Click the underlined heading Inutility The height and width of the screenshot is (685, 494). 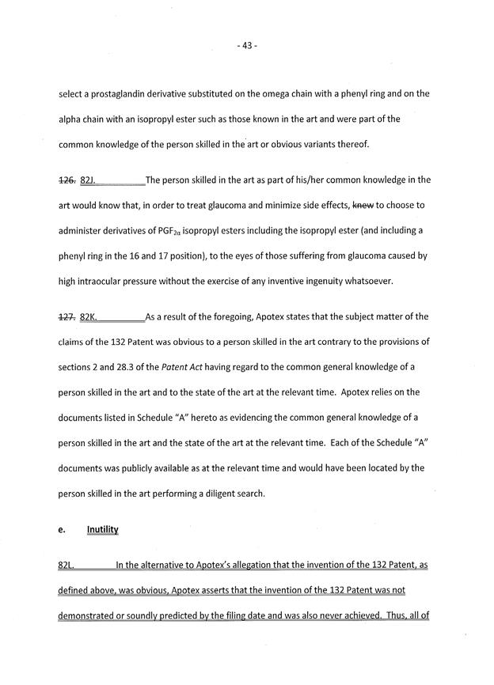click(x=102, y=530)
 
